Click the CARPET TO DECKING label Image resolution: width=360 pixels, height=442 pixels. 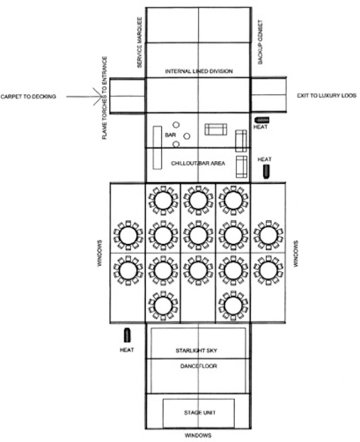[29, 97]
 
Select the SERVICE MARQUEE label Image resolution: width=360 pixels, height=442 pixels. [140, 42]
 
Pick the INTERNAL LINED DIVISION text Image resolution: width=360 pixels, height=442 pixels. [199, 72]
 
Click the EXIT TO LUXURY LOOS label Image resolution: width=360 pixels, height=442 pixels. [326, 97]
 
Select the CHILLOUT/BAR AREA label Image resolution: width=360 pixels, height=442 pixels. [198, 164]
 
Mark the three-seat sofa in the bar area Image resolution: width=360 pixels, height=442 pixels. [215, 129]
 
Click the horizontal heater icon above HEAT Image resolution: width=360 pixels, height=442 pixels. [262, 119]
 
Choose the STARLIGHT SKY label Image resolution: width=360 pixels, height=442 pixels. [198, 351]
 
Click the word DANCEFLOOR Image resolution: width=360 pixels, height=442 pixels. [198, 366]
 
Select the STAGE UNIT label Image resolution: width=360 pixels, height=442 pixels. [198, 413]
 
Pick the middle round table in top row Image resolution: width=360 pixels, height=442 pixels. [198, 201]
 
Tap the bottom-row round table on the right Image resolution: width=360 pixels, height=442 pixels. [233, 304]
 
